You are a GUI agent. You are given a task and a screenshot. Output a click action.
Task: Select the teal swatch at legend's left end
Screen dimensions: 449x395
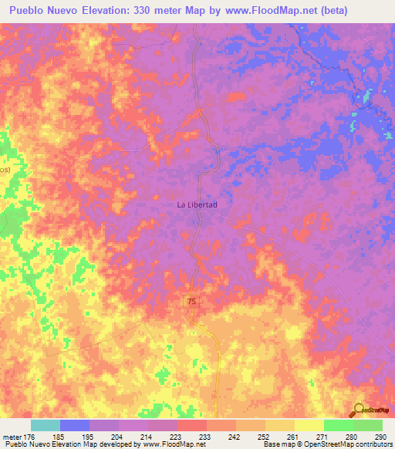46,425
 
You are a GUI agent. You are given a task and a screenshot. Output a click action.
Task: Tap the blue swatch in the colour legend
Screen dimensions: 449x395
75,425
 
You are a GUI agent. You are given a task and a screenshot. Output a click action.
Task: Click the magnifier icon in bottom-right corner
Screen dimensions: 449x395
358,410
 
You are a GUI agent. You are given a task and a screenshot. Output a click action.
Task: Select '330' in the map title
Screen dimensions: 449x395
133,11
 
